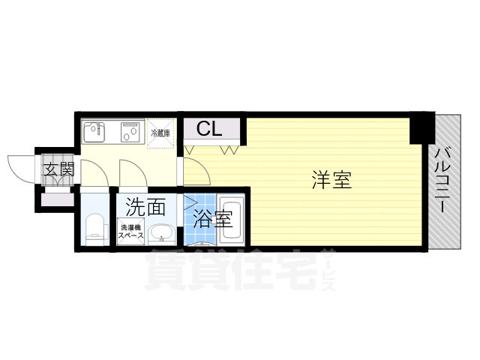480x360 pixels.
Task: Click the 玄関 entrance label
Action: (58, 169)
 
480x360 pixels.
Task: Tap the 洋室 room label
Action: (331, 180)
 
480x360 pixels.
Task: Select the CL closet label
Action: (209, 130)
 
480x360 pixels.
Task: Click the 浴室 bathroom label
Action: (212, 220)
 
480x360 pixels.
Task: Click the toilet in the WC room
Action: (94, 228)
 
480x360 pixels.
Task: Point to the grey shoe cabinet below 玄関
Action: (56, 200)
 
